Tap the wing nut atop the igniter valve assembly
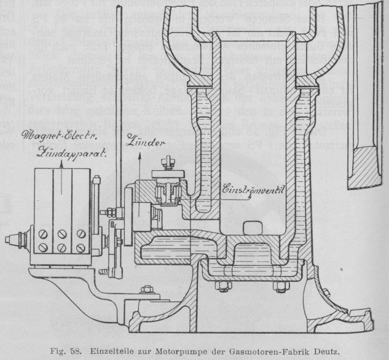167,163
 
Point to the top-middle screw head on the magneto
62,233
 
